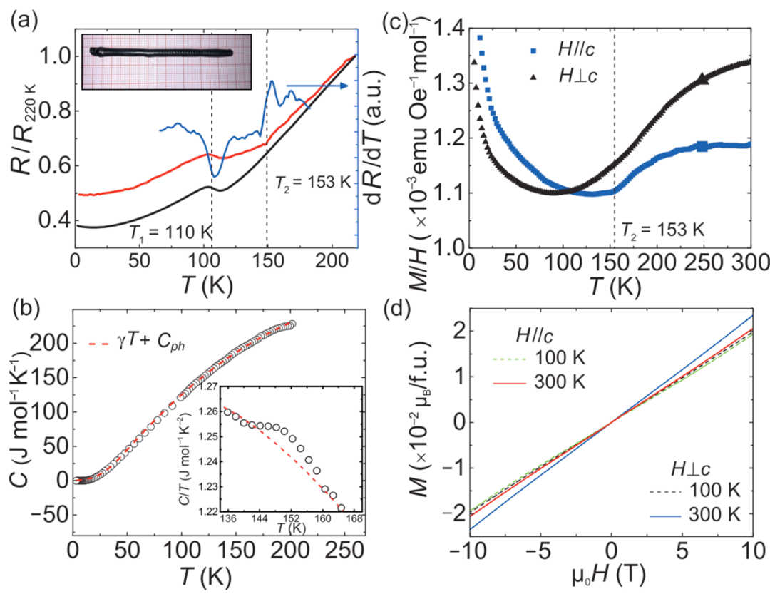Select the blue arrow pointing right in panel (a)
click(x=317, y=86)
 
